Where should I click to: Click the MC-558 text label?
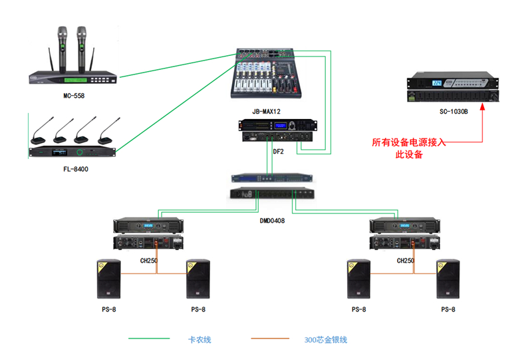[x=74, y=96]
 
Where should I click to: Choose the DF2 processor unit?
[x=278, y=130]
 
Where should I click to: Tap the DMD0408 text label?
[x=272, y=220]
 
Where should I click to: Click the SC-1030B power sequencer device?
[x=452, y=90]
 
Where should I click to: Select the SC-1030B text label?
[x=454, y=112]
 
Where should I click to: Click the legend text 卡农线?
[x=199, y=339]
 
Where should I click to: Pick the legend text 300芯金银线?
[x=326, y=339]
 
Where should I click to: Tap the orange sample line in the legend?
[x=269, y=339]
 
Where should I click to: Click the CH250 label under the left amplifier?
[x=148, y=261]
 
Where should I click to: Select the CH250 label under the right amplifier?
[x=406, y=261]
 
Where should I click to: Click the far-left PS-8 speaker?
[x=109, y=279]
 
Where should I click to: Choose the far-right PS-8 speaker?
[x=448, y=279]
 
